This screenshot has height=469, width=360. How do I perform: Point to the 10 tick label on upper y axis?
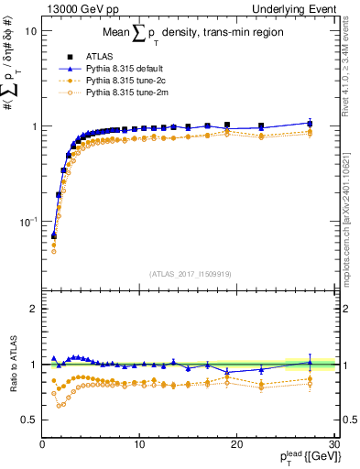pyautogui.click(x=30, y=30)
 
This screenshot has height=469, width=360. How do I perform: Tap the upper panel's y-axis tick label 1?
pyautogui.click(x=33, y=125)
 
